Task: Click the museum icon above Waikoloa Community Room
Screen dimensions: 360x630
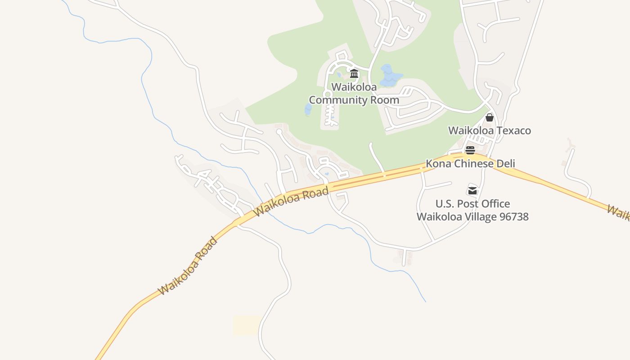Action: point(354,74)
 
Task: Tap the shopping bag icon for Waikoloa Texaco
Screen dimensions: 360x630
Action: point(490,117)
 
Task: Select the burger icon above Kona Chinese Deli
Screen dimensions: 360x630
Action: point(470,150)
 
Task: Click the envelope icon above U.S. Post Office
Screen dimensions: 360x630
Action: point(472,190)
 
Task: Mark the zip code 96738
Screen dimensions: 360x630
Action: point(514,216)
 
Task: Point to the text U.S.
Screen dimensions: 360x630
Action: point(445,204)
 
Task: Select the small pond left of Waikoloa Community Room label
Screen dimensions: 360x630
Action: point(308,109)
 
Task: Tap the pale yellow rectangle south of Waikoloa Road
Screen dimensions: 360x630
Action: point(247,325)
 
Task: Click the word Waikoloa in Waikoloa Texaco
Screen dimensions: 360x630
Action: point(468,130)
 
